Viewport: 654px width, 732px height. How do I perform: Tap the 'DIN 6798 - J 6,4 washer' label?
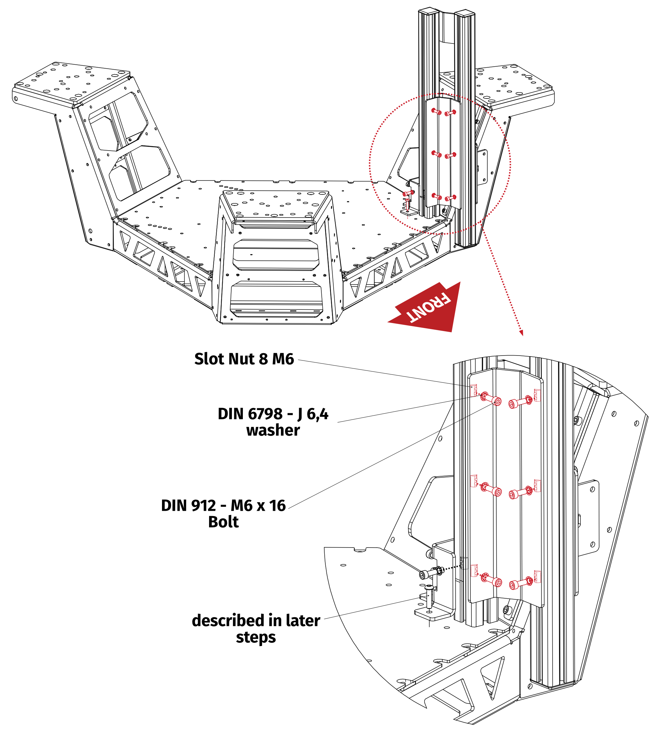pyautogui.click(x=273, y=422)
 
